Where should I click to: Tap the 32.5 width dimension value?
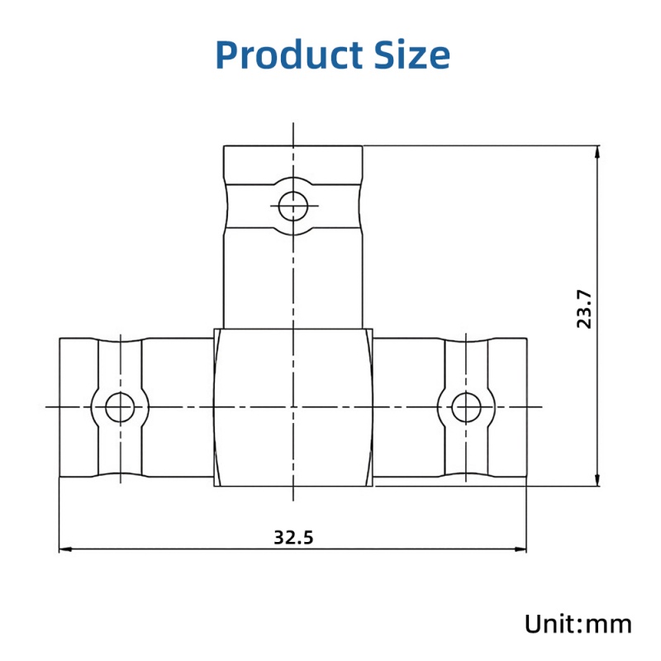click(x=294, y=537)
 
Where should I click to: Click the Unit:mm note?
click(x=578, y=624)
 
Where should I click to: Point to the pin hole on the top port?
click(x=293, y=205)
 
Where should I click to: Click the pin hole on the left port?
click(x=121, y=407)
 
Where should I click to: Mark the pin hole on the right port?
click(x=467, y=407)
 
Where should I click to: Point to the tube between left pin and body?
click(x=178, y=372)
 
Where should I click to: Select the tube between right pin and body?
click(x=408, y=372)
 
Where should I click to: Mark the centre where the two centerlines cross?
click(x=293, y=407)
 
